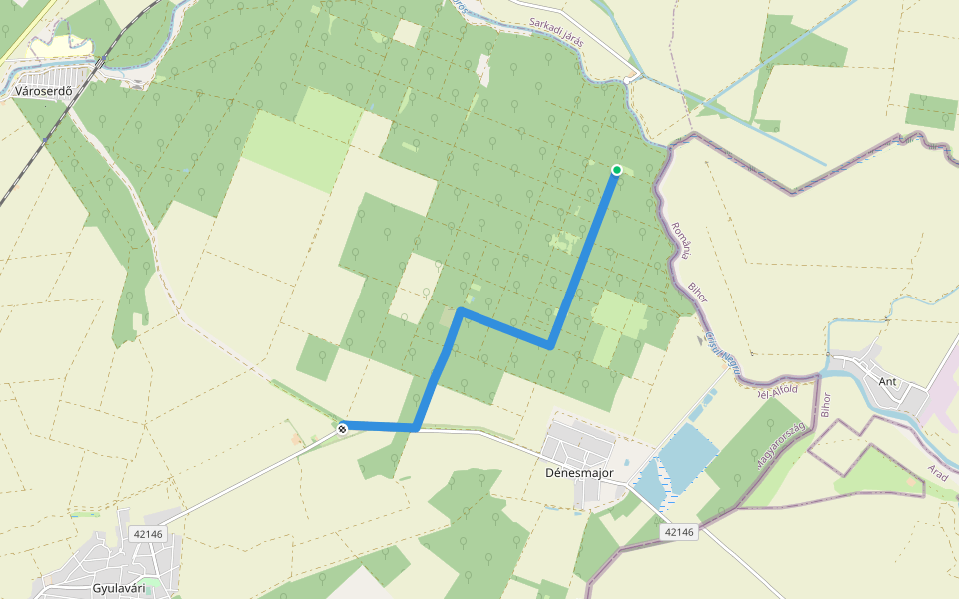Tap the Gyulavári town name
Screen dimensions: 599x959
[x=118, y=588]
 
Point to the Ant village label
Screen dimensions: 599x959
[x=887, y=381]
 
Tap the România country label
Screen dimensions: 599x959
[x=681, y=241]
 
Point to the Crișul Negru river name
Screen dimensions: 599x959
[x=723, y=354]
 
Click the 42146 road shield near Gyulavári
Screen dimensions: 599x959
[x=147, y=534]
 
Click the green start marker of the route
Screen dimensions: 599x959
[x=617, y=170]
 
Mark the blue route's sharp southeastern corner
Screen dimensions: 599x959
[x=549, y=346]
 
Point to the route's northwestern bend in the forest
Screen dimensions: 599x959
[x=460, y=311]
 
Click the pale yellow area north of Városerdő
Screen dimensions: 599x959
[x=60, y=46]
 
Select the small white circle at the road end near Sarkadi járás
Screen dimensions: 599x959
[x=627, y=80]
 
